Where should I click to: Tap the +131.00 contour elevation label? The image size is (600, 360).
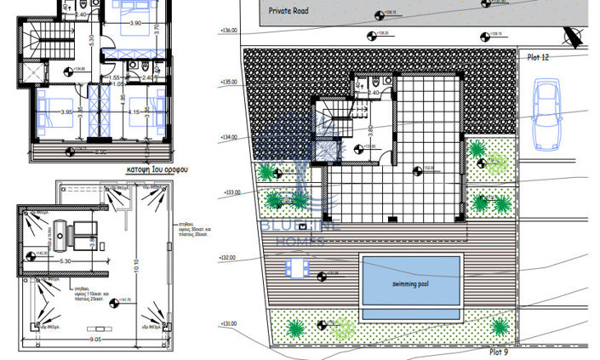click(228, 323)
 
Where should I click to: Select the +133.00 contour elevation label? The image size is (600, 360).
click(231, 192)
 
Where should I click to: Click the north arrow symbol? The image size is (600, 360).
click(571, 37)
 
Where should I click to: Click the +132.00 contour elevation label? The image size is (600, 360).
click(228, 258)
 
